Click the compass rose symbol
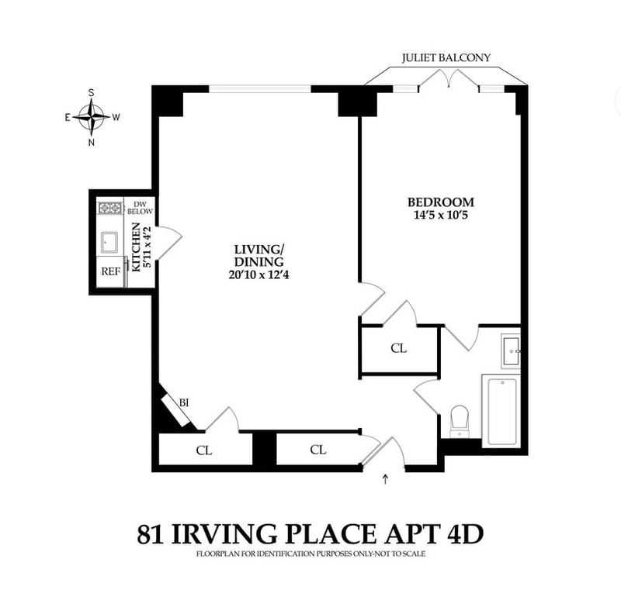coord(92,117)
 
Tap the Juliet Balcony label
coord(446,57)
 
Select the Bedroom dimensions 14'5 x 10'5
coord(441,215)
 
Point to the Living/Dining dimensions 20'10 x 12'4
coord(258,274)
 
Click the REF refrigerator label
coord(111,271)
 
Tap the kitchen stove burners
coord(110,208)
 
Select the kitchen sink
coord(109,242)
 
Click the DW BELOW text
coord(140,208)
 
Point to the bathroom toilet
coord(460,422)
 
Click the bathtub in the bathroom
coord(502,412)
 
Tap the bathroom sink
coord(511,350)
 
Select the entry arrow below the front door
coord(385,479)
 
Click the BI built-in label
coord(184,403)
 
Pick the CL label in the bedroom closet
coord(398,348)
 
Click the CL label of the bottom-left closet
coord(204,450)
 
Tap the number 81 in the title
coord(150,534)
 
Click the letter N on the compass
coord(92,143)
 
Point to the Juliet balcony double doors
coord(449,78)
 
